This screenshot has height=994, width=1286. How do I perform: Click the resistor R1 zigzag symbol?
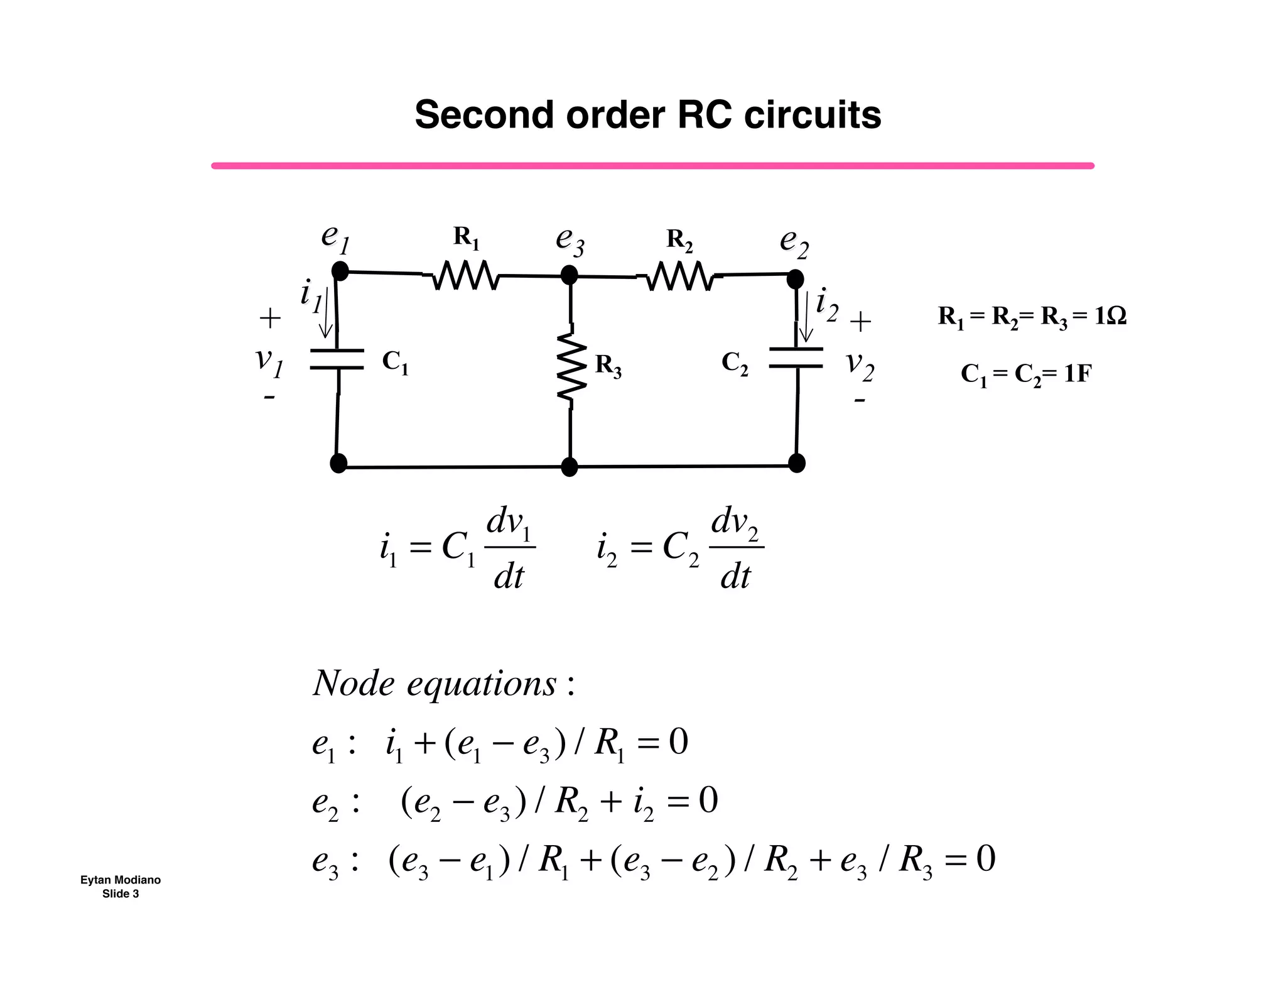466,276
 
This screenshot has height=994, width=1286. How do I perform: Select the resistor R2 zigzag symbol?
679,276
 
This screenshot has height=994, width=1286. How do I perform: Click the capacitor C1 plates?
337,359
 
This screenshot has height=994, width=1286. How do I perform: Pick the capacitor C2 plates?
796,358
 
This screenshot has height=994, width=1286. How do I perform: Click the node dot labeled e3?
569,275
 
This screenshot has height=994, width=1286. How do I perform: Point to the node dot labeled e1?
340,271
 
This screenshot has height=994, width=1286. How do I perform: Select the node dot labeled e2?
795,278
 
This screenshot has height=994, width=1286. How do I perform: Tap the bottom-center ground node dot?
569,467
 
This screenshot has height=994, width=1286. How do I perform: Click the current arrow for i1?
326,314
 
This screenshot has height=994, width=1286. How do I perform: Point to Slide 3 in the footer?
120,894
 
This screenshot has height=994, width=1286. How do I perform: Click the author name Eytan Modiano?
120,880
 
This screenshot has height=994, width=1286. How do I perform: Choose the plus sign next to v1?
270,319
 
